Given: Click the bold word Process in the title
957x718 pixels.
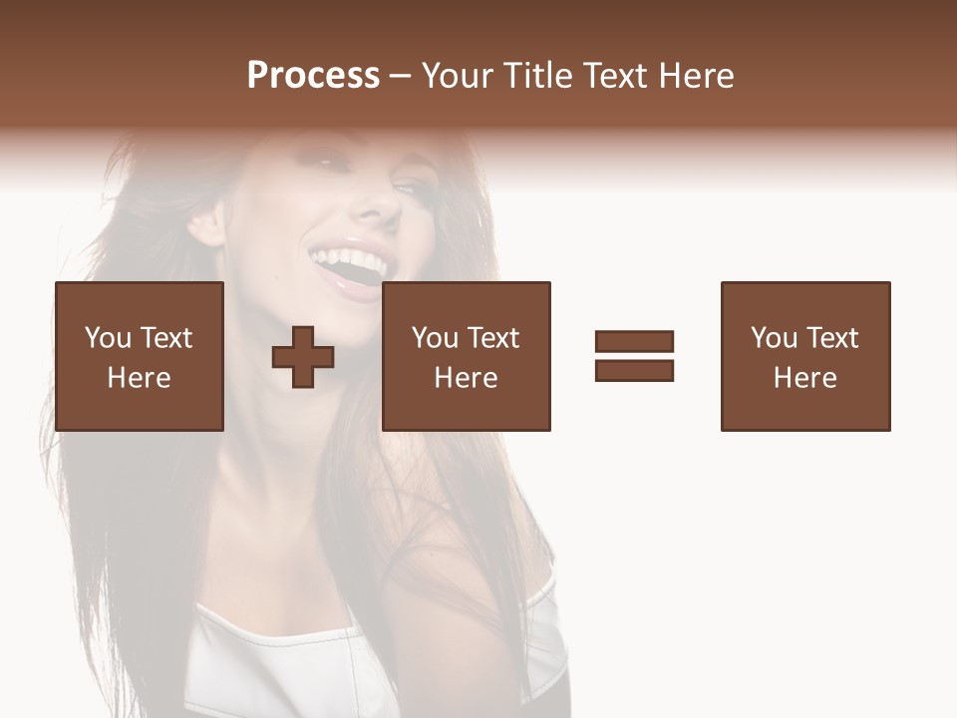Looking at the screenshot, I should pyautogui.click(x=313, y=76).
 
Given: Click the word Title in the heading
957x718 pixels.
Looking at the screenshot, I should pyautogui.click(x=538, y=76).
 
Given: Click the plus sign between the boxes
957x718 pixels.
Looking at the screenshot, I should pyautogui.click(x=303, y=356).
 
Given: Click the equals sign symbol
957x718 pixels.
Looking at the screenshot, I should pyautogui.click(x=634, y=356).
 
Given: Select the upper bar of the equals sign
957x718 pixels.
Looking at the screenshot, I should pyautogui.click(x=634, y=342).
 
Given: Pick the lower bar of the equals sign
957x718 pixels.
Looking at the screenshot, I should pyautogui.click(x=634, y=370).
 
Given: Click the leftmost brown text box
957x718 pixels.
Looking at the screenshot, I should pyautogui.click(x=140, y=356).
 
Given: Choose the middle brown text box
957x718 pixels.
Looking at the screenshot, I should pyautogui.click(x=467, y=356).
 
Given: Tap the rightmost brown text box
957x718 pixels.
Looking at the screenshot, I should pyautogui.click(x=805, y=356).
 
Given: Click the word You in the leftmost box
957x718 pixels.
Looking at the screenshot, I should pyautogui.click(x=108, y=338).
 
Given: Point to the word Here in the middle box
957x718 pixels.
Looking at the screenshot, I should pyautogui.click(x=467, y=378).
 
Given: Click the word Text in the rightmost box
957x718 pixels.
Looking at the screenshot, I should pyautogui.click(x=831, y=338).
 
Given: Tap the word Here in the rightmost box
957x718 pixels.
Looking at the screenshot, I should pyautogui.click(x=805, y=378).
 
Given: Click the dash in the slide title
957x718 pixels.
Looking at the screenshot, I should pyautogui.click(x=401, y=77).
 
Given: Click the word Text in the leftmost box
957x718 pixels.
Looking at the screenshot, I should pyautogui.click(x=165, y=338).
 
